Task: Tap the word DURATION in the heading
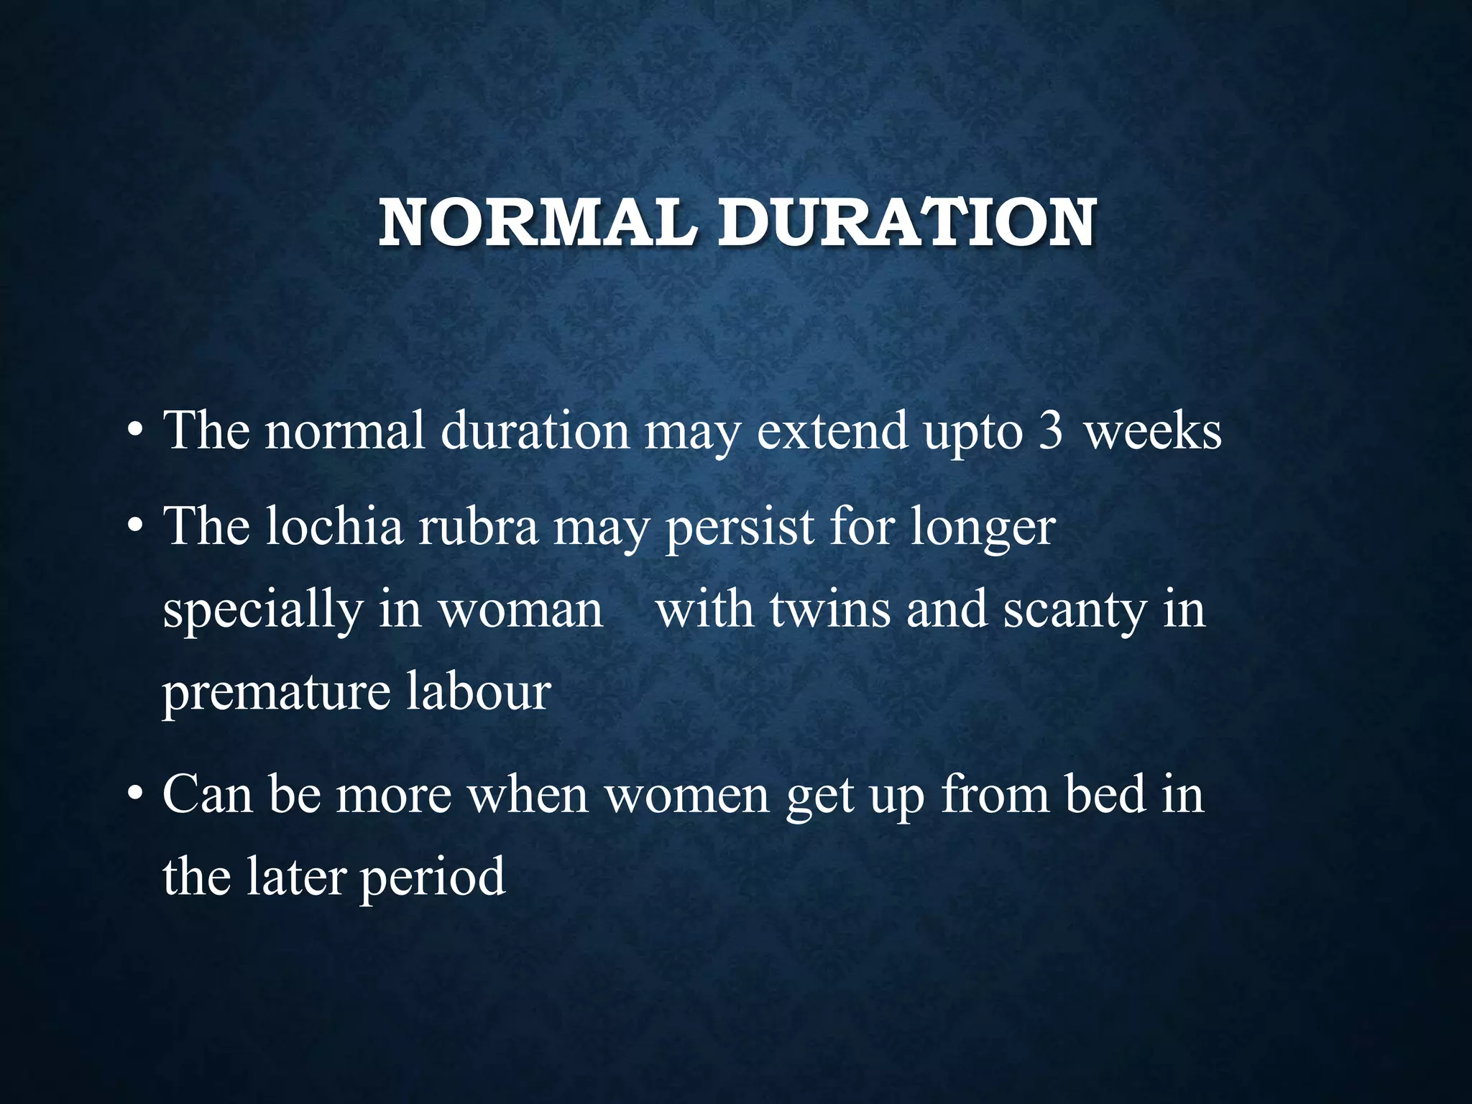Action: [907, 223]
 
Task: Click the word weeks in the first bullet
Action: [1153, 432]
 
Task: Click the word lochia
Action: [334, 526]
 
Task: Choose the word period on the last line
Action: [433, 878]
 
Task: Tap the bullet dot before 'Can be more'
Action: [134, 797]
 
